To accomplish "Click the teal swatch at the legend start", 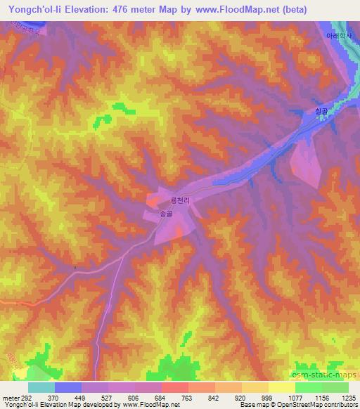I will click(41, 387).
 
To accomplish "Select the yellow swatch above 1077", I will click(281, 387).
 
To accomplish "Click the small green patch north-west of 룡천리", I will click(124, 108).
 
